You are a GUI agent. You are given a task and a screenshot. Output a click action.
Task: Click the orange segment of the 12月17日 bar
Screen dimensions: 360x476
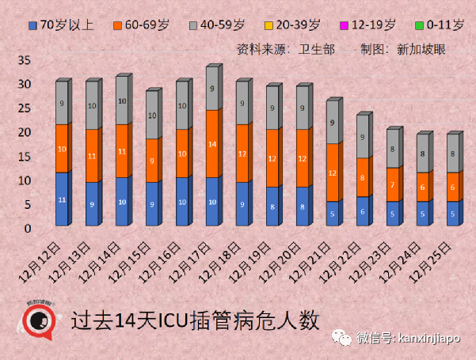212,144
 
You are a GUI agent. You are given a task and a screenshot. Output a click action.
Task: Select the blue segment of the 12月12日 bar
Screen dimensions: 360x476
62,200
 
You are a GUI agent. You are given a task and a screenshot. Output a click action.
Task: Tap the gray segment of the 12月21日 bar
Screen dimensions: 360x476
333,123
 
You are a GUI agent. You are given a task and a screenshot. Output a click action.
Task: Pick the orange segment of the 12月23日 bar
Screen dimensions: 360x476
393,184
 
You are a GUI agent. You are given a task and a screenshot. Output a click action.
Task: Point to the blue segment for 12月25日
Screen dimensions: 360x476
453,214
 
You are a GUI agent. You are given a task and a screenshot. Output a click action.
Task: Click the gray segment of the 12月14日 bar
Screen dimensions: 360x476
122,101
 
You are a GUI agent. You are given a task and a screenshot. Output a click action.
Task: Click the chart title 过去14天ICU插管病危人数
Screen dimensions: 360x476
193,321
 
